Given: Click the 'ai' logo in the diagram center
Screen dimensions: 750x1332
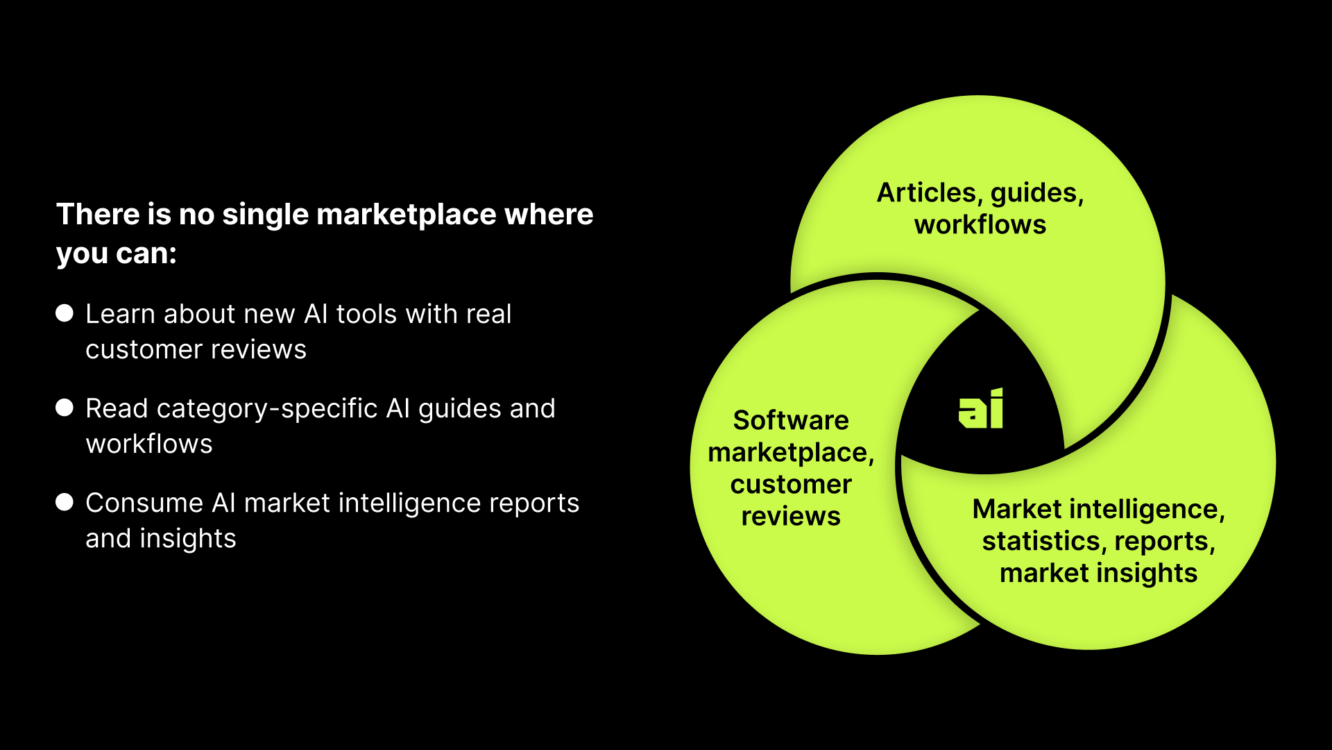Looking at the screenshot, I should pyautogui.click(x=980, y=409).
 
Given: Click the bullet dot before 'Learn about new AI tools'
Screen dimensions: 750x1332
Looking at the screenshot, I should pyautogui.click(x=65, y=313).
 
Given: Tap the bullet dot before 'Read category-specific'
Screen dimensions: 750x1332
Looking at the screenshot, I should pyautogui.click(x=65, y=408).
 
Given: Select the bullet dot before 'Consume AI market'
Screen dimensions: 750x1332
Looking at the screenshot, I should pyautogui.click(x=65, y=502).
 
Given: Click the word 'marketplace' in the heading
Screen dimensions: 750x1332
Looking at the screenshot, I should pyautogui.click(x=406, y=215).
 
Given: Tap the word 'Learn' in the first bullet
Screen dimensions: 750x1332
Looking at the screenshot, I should pyautogui.click(x=119, y=314).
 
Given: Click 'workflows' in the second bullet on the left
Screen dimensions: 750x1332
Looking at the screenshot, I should pyautogui.click(x=149, y=444).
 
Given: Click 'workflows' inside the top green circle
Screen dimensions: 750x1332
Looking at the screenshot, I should pyautogui.click(x=980, y=225).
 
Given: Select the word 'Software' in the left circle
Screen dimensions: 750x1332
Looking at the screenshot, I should pyautogui.click(x=791, y=420).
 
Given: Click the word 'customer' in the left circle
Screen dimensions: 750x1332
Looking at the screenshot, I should pyautogui.click(x=791, y=484).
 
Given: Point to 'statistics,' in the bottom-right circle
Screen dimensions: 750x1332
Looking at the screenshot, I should pyautogui.click(x=1041, y=541).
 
